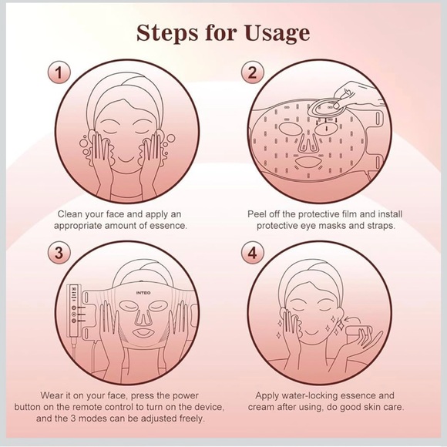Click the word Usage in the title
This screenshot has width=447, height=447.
tap(277, 34)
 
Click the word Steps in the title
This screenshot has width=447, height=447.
tap(166, 33)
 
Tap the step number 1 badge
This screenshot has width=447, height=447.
tap(59, 72)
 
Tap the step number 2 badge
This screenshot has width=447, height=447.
tap(253, 72)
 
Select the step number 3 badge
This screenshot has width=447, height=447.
tap(59, 253)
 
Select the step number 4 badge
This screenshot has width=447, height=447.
tap(253, 253)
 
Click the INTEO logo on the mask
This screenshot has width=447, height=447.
tap(143, 293)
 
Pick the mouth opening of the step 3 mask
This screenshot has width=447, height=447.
tap(143, 333)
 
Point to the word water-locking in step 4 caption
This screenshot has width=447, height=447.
tap(310, 396)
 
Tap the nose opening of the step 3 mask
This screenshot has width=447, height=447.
tap(143, 317)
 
